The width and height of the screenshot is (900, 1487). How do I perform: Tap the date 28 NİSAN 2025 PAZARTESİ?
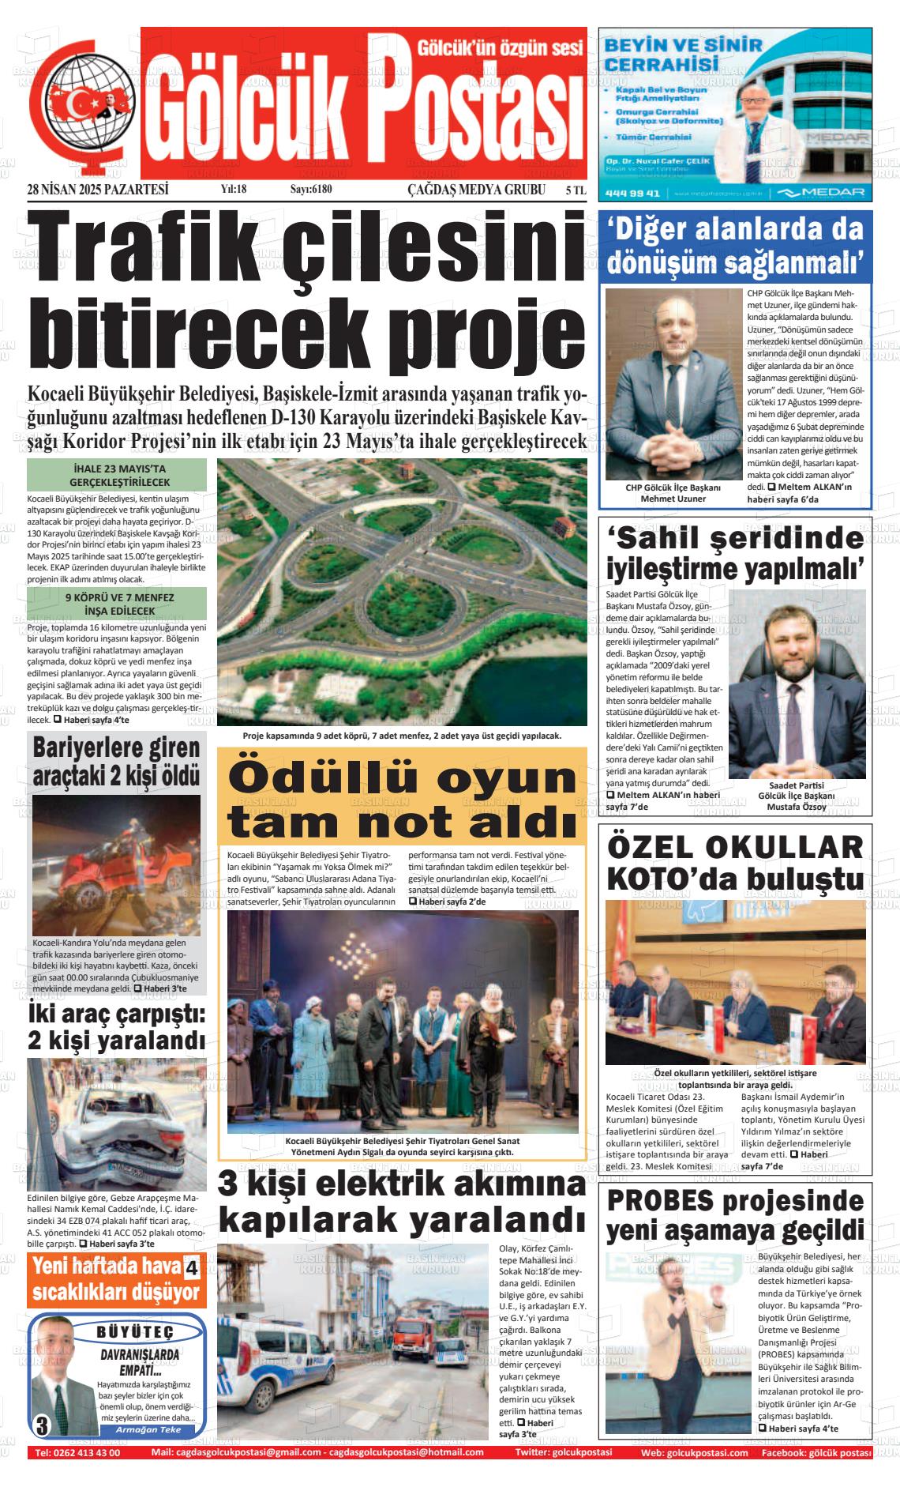(98, 190)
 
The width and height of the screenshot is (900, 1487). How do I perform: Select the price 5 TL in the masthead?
(576, 190)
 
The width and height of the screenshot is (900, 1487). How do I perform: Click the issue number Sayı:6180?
(311, 190)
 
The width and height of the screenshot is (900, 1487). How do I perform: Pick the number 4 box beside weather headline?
(191, 1270)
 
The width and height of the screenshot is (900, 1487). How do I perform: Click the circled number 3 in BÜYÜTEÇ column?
(42, 1426)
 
